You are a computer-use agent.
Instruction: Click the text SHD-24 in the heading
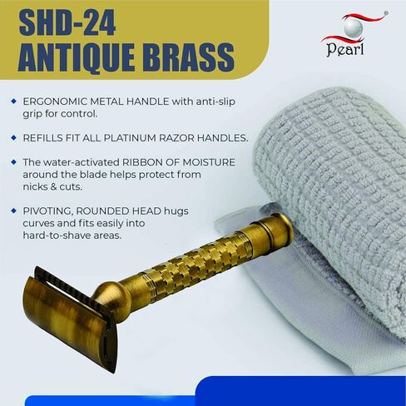pyautogui.click(x=67, y=23)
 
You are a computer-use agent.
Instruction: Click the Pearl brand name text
pyautogui.click(x=345, y=49)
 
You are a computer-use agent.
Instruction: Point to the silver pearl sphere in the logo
pyautogui.click(x=354, y=28)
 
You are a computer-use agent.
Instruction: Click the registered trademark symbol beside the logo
pyautogui.click(x=386, y=12)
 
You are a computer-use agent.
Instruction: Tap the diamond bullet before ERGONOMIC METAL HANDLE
pyautogui.click(x=13, y=101)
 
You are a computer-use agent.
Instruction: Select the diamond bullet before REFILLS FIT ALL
pyautogui.click(x=13, y=137)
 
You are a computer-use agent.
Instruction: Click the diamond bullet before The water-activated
pyautogui.click(x=13, y=162)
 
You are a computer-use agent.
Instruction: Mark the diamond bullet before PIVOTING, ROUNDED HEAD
pyautogui.click(x=13, y=210)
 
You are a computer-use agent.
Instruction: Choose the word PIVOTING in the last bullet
pyautogui.click(x=48, y=211)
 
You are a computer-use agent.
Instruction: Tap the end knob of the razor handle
pyautogui.click(x=280, y=228)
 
